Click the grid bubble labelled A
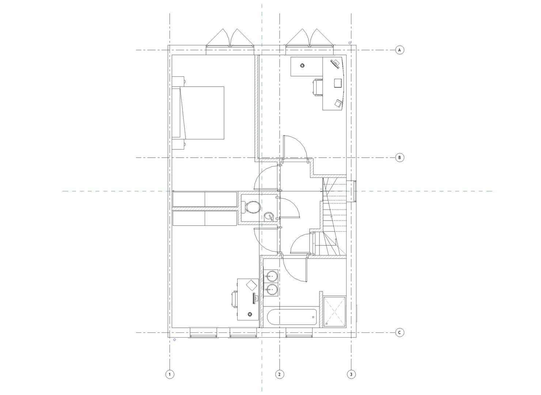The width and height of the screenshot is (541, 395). coord(400,50)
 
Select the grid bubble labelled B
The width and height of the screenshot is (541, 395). coord(400,158)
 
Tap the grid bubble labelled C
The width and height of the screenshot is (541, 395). coord(400,332)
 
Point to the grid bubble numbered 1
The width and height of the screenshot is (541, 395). coord(169,374)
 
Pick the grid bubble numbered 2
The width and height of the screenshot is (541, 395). coord(279,374)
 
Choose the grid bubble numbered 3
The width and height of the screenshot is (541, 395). coord(351,374)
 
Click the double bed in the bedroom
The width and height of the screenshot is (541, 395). coord(201,113)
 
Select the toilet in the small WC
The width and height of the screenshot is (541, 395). coord(251,207)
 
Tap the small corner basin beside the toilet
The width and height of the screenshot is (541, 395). coord(269,217)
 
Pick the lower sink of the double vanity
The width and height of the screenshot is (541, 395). coord(271,290)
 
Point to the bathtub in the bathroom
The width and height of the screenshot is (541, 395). coord(291,317)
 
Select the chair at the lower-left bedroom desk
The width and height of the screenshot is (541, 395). coord(235,299)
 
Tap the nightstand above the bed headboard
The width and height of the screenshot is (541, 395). coord(178,81)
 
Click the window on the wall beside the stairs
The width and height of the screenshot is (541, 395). coord(354,191)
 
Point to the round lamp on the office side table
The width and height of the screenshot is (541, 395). coord(302,65)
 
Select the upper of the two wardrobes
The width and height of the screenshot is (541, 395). coord(205,199)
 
